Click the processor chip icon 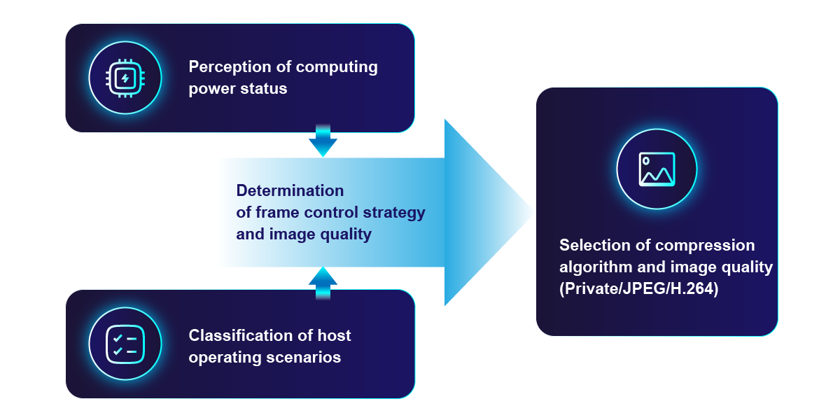point(125,78)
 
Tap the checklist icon point(125,344)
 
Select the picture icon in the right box point(657,169)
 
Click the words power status point(238,89)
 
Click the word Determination point(290,190)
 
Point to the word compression point(706,245)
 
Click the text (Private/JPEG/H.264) point(638,288)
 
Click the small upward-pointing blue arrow point(323,280)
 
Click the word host point(332,335)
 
